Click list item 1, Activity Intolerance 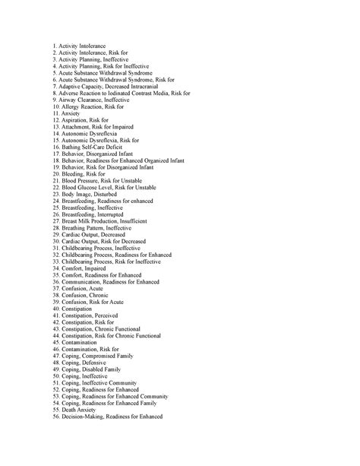tap(80, 46)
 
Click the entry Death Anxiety tap(81, 411)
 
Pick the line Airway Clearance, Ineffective tap(95, 100)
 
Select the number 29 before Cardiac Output tap(56, 235)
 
